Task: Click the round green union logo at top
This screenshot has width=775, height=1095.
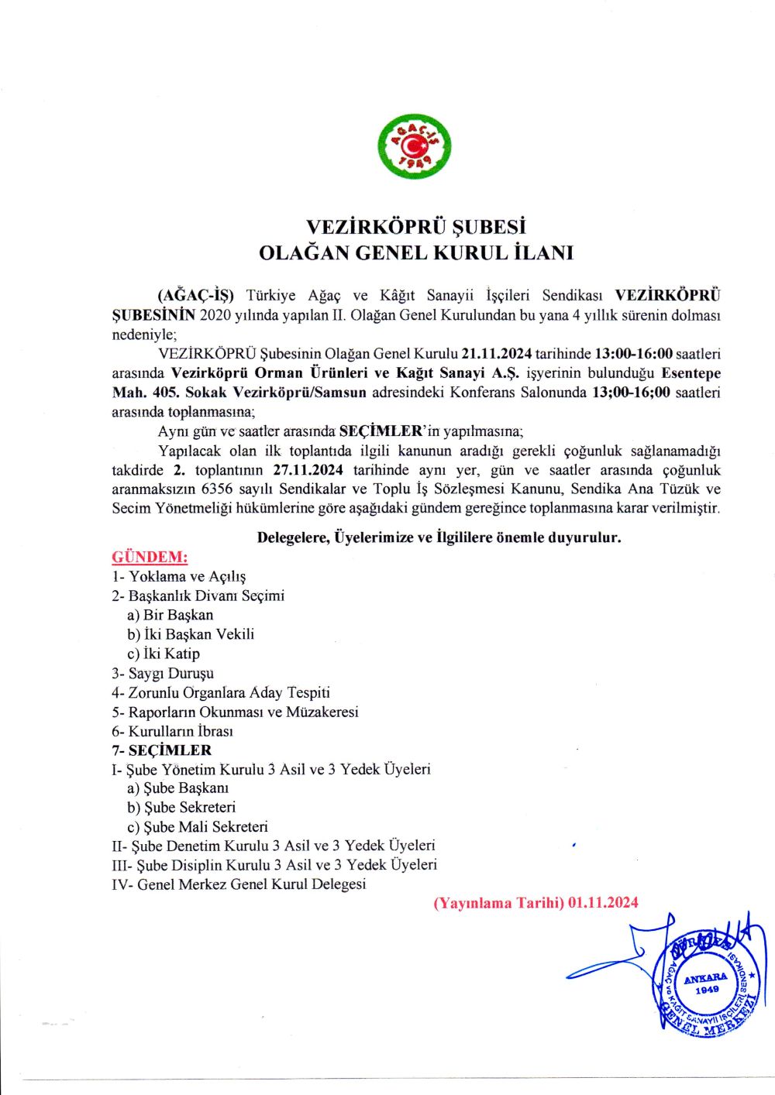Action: click(415, 146)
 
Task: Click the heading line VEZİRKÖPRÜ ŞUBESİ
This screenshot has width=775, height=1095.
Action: click(415, 227)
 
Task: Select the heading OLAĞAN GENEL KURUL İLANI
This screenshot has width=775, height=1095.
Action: click(415, 252)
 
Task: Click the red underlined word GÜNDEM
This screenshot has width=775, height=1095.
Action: click(150, 557)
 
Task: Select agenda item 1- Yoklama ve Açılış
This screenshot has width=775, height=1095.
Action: click(179, 576)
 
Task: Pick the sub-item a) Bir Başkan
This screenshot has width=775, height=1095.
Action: click(170, 615)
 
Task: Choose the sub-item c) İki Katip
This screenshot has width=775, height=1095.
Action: click(164, 654)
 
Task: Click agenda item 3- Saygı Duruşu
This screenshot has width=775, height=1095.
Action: click(163, 673)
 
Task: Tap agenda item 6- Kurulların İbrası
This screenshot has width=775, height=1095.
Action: click(172, 731)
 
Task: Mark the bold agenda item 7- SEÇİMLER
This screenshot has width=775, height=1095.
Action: click(161, 750)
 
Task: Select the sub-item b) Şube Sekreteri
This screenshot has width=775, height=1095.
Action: click(181, 807)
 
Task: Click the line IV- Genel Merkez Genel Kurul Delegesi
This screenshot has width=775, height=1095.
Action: click(239, 884)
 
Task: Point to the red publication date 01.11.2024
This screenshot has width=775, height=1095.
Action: click(602, 902)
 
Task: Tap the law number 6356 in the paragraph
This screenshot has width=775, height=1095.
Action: click(217, 489)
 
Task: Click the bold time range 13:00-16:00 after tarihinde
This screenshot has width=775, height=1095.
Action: click(633, 354)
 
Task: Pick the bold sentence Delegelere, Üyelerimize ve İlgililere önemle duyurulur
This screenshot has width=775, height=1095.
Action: click(439, 537)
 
